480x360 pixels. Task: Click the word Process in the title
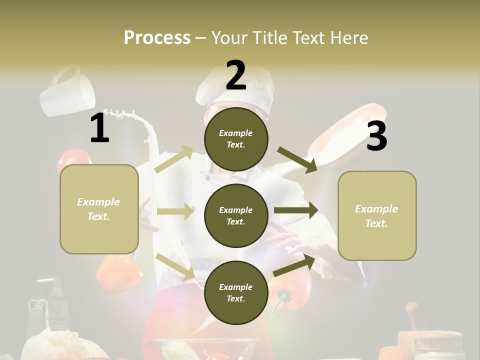point(157,37)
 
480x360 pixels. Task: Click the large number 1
point(100,128)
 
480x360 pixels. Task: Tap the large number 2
point(236,75)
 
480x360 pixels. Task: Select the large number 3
point(376,136)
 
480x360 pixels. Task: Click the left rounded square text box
point(99,209)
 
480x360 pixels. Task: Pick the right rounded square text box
point(377,215)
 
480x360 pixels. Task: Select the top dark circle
point(236,139)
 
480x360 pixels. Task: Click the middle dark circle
point(236,215)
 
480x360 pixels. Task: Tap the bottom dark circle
point(236,292)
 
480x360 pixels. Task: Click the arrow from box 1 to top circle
point(173,159)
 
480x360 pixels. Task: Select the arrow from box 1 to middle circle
point(175,211)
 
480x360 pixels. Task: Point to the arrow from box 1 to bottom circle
point(175,266)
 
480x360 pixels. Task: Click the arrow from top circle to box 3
point(297,159)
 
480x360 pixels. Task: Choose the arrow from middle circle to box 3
point(295,210)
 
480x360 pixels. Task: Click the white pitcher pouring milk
point(67,92)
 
